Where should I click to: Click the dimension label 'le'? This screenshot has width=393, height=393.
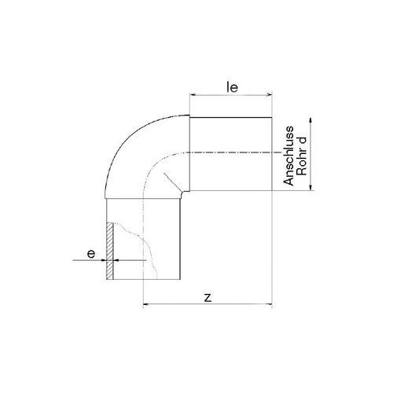[232, 87]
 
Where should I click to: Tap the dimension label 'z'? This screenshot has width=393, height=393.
[208, 298]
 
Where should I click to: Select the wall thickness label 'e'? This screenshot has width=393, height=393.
[91, 254]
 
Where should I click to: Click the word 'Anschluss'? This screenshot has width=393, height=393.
[288, 156]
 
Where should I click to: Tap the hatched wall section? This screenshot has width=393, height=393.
[110, 251]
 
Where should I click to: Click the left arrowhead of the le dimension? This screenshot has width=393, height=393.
[193, 94]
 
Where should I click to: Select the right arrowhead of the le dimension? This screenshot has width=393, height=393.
[270, 94]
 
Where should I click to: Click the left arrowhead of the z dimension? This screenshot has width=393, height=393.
[146, 304]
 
